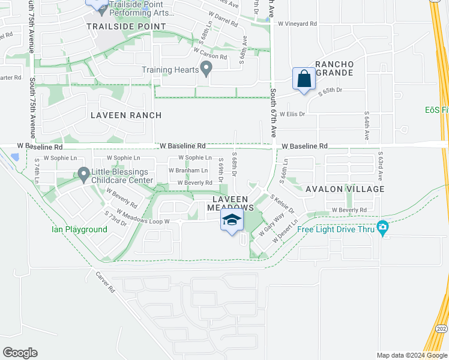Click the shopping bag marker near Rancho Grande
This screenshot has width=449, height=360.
tap(304, 79)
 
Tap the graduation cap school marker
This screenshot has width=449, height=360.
tap(232, 220)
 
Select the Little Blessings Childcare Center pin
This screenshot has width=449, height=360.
tap(83, 175)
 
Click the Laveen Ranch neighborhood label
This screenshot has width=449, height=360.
tap(125, 115)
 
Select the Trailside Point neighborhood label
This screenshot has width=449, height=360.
tap(126, 26)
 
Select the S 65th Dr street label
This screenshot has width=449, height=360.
tap(330, 91)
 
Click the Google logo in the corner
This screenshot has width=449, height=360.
tap(20, 353)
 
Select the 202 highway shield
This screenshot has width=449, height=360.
tap(441, 346)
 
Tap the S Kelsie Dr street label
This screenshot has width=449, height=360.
tap(282, 203)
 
